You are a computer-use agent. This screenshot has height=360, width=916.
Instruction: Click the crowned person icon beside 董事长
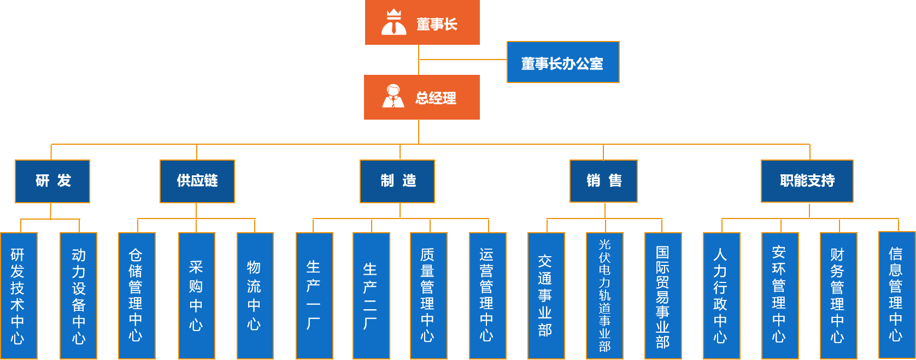click(394, 22)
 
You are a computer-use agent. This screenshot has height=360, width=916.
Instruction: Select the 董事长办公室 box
click(563, 62)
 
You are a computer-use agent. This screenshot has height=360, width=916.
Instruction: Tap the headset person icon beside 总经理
click(393, 96)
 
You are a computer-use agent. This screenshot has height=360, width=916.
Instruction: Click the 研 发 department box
click(52, 181)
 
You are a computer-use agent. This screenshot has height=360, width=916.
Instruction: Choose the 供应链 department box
click(197, 181)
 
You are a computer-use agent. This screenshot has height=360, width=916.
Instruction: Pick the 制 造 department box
click(397, 181)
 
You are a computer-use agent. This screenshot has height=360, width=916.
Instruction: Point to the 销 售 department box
click(603, 181)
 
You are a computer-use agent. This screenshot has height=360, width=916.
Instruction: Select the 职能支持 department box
click(807, 181)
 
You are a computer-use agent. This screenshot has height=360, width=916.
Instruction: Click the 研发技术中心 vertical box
click(19, 296)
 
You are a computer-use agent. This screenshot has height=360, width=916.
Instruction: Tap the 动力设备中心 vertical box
click(78, 296)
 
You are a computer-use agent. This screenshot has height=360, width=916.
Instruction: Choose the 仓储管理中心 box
click(137, 296)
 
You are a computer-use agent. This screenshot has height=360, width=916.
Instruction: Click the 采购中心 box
click(196, 296)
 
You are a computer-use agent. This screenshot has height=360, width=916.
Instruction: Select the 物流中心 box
click(255, 296)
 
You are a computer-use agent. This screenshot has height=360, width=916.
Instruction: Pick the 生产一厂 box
click(314, 296)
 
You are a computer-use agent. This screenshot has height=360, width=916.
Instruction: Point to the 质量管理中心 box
click(428, 296)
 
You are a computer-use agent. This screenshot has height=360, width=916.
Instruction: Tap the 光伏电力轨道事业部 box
click(604, 296)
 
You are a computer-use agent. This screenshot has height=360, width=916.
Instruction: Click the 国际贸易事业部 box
click(663, 296)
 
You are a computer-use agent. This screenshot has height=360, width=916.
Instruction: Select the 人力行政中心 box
click(721, 296)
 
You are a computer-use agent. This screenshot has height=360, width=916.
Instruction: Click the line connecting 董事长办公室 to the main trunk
click(462, 60)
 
